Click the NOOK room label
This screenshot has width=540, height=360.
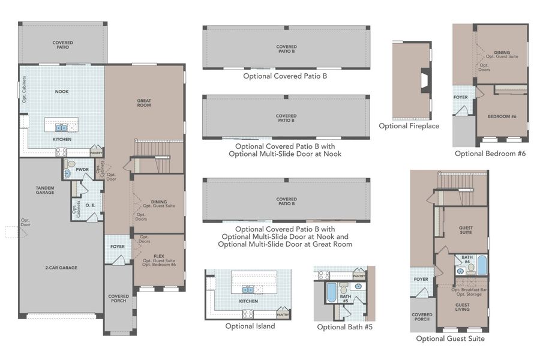62,92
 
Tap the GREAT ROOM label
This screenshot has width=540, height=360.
143,102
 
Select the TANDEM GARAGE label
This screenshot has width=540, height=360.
46,191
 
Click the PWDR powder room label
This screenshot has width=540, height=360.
82,170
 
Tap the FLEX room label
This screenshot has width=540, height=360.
159,254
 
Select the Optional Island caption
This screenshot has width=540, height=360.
250,326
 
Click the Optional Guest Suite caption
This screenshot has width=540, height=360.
451,338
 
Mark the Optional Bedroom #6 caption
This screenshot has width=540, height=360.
490,154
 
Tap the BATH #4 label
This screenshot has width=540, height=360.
466,260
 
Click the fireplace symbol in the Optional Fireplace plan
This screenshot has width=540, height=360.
425,80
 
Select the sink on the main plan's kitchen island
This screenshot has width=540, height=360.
62,128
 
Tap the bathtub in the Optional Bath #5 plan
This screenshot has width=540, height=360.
330,293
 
